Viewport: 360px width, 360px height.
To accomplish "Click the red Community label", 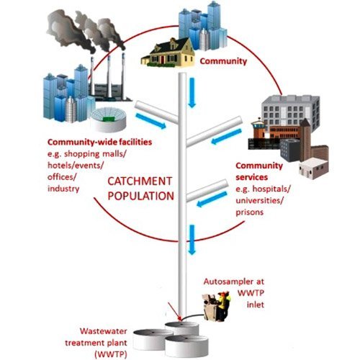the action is tap(223, 61).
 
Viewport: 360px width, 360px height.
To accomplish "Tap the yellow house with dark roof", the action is tap(168, 53).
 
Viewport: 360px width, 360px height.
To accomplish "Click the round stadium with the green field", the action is tap(109, 119).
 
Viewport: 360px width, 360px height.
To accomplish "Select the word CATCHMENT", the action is tap(140, 181).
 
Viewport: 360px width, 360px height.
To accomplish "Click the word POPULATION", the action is tap(140, 196).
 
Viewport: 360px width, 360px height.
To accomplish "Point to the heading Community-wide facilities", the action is tap(99, 142).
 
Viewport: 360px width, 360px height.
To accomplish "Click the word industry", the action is tap(63, 189).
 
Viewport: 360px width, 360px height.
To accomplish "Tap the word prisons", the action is tap(250, 212).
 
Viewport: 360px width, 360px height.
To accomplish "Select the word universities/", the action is tap(260, 200).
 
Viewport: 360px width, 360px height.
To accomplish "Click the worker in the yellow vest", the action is tap(223, 305).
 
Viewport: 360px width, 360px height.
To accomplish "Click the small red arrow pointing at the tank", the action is tap(174, 311).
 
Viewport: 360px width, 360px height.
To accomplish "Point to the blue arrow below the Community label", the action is tap(192, 93).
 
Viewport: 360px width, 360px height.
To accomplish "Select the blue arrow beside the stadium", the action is tap(150, 121).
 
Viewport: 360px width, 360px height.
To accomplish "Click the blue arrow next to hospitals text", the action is tap(212, 199).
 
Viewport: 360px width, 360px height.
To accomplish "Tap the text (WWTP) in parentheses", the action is tap(111, 354).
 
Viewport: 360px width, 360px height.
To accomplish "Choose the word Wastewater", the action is tap(104, 331).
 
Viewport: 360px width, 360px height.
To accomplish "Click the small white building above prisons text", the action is tap(313, 168).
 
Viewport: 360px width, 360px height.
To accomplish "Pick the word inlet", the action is tap(256, 305).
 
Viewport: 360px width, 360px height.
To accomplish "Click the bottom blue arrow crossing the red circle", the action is tap(192, 240).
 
